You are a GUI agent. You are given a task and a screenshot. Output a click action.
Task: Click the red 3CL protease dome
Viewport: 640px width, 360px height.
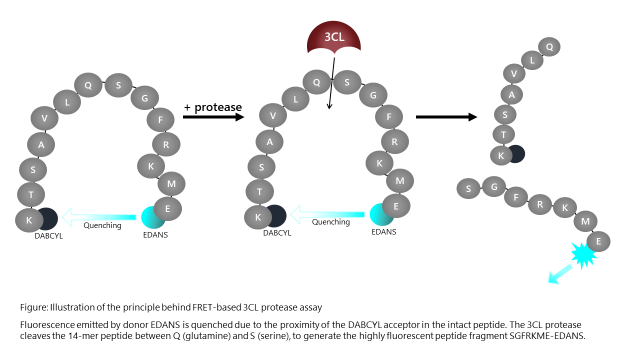pyautogui.click(x=333, y=38)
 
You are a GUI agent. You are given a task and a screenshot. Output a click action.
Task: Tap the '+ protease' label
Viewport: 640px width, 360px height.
pyautogui.click(x=213, y=107)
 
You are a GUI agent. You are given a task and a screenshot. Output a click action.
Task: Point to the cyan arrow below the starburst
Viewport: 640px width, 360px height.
pyautogui.click(x=559, y=274)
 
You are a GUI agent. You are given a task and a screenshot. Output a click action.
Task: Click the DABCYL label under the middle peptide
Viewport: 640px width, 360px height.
pyautogui.click(x=277, y=232)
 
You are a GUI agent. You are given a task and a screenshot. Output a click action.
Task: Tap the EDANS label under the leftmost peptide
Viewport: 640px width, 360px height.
pyautogui.click(x=155, y=235)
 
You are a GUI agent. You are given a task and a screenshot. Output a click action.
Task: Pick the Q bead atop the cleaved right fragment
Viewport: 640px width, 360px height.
pyautogui.click(x=549, y=47)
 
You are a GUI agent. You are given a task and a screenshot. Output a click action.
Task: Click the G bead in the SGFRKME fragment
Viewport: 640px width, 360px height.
pyautogui.click(x=494, y=187)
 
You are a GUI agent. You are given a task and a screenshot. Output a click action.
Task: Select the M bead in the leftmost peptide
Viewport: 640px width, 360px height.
pyautogui.click(x=171, y=184)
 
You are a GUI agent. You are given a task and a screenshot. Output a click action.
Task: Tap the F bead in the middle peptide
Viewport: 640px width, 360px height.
pyautogui.click(x=389, y=116)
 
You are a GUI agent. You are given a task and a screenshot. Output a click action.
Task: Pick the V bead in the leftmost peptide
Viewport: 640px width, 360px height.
pyautogui.click(x=44, y=118)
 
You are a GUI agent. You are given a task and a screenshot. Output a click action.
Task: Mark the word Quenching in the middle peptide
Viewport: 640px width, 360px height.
pyautogui.click(x=331, y=222)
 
